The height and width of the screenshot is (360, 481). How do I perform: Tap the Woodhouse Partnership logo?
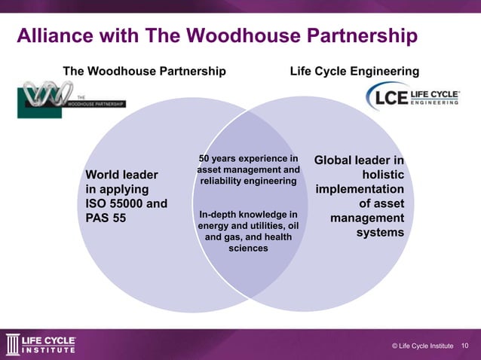[x=72, y=99]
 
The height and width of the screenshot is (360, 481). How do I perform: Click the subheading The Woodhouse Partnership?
[x=145, y=71]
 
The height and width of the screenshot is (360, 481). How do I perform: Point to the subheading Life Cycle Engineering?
[x=354, y=71]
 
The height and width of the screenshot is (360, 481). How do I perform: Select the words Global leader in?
[x=359, y=160]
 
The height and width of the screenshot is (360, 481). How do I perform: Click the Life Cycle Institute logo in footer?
[x=41, y=343]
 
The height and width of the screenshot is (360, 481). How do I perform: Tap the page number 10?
[x=465, y=345]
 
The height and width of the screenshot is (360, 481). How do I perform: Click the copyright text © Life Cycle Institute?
[x=422, y=345]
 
